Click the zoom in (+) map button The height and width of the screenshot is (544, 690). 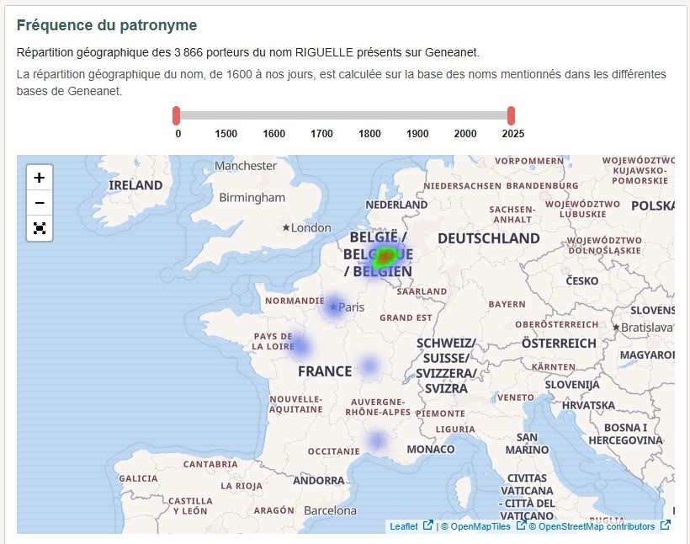click(40, 178)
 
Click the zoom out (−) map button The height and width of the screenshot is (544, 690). click(40, 203)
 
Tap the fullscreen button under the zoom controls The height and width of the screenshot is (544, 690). click(40, 228)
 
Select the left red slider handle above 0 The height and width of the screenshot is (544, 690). click(177, 115)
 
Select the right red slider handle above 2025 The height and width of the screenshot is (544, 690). click(511, 115)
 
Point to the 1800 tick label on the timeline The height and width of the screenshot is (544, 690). click(369, 134)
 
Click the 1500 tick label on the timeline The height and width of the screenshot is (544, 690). click(226, 134)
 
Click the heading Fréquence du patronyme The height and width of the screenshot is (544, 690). click(107, 25)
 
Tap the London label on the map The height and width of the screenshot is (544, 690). click(310, 227)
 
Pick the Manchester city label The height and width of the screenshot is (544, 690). click(246, 166)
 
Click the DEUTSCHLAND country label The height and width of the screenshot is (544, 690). click(488, 238)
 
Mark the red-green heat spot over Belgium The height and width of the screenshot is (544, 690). click(385, 255)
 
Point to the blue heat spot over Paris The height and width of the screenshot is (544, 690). click(334, 307)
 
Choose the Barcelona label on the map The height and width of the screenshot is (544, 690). click(330, 510)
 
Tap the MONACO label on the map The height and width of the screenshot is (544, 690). click(430, 449)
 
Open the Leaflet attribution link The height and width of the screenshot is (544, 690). click(404, 526)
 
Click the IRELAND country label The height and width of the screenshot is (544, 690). click(135, 185)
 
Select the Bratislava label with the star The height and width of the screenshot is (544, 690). click(648, 327)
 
